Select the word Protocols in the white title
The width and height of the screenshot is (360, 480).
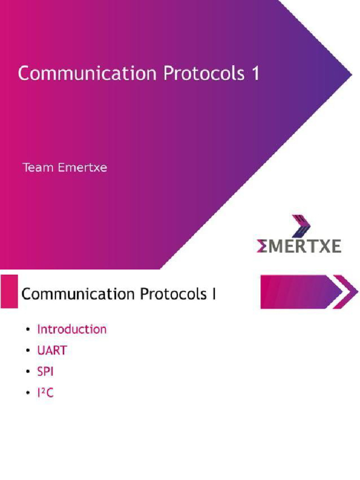point(202,74)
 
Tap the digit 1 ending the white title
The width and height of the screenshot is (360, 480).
point(255,74)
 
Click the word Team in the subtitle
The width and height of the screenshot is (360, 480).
point(38,167)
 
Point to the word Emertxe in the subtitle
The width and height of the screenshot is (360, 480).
point(82,167)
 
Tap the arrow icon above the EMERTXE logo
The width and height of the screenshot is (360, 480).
point(301,226)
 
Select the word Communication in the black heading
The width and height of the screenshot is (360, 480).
point(78,294)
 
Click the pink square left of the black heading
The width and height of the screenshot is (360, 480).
point(9,292)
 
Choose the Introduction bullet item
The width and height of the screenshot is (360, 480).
point(72,329)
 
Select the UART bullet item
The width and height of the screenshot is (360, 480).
point(52,350)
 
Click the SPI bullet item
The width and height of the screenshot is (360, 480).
point(45,371)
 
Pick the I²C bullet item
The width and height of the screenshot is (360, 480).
point(45,392)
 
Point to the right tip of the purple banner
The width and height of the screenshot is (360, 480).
point(351,75)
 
